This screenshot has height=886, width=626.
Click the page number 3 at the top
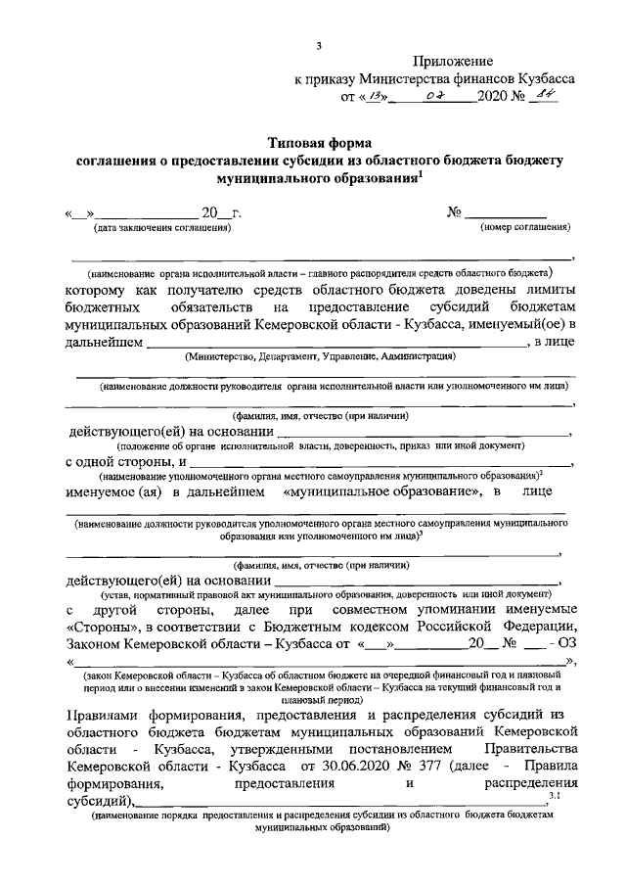[320, 44]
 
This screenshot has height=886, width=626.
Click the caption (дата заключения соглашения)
[162, 227]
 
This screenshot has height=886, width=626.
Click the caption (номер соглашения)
[524, 227]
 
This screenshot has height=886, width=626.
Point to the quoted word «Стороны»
[103, 627]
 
